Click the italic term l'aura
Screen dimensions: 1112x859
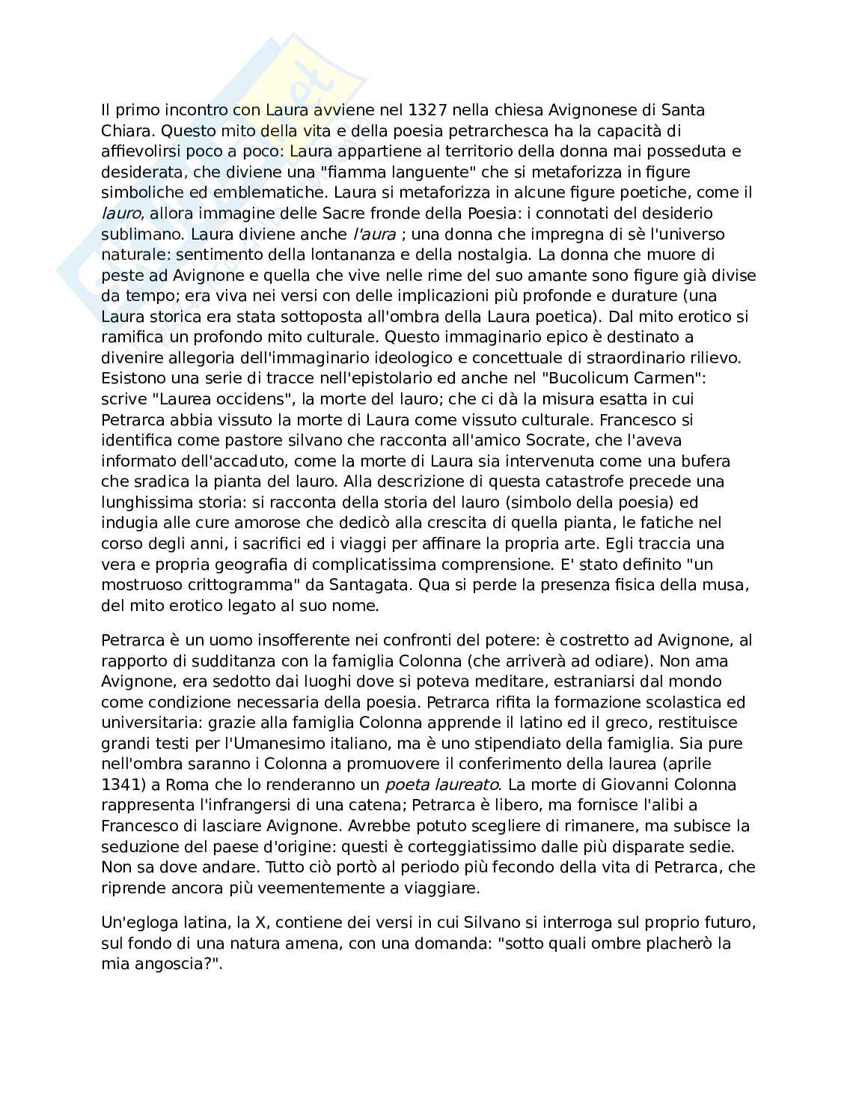click(x=374, y=234)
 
